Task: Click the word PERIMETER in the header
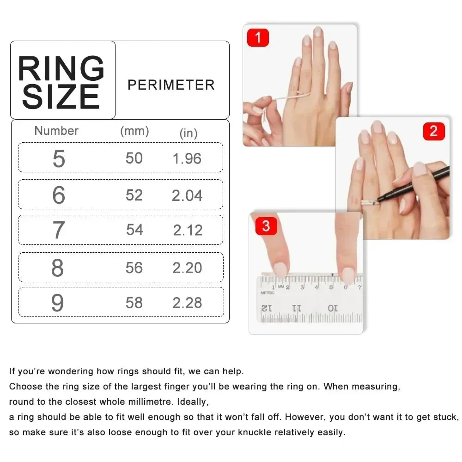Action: coord(171,85)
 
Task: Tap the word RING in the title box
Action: coord(61,69)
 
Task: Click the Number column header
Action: coord(56,131)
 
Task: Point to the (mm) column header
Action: coord(134,131)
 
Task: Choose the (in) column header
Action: coord(188,134)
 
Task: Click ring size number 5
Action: coord(59,159)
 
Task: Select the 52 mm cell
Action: coord(134,195)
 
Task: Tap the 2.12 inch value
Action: coord(188,230)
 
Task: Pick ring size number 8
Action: coord(58,268)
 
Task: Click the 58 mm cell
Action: coord(134,303)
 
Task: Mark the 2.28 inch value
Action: coord(187,303)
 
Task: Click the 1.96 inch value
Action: coord(187,159)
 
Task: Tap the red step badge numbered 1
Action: coord(258,37)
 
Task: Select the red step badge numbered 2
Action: coord(433,131)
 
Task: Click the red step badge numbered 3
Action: coord(266,226)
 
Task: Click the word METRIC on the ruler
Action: coord(267,292)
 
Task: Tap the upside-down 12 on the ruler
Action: coord(267,308)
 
